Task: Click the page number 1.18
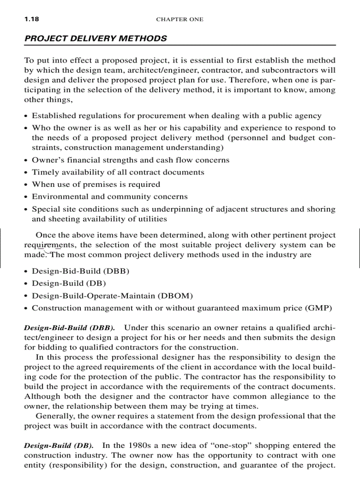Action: click(31, 19)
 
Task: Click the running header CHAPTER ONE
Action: click(180, 19)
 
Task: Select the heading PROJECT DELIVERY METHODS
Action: click(96, 38)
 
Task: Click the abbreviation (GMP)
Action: click(318, 308)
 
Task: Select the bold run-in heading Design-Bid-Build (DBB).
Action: click(70, 328)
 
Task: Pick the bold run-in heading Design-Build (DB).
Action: click(59, 446)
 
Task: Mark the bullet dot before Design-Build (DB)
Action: click(26, 284)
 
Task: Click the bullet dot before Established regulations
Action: click(26, 116)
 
